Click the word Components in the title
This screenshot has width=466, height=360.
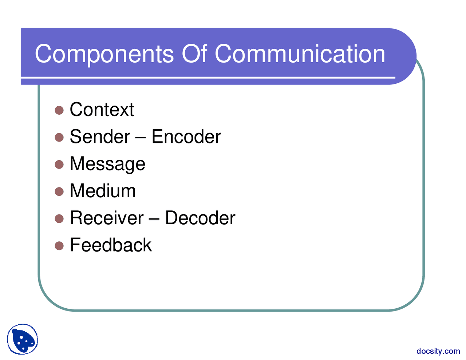click(104, 55)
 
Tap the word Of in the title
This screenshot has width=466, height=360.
click(194, 53)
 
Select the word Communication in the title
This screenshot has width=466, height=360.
click(300, 54)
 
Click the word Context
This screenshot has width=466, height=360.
click(102, 110)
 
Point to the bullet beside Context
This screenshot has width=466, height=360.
click(59, 110)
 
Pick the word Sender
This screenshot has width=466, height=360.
click(100, 137)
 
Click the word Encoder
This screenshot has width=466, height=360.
click(186, 137)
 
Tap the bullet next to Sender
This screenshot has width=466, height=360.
click(59, 137)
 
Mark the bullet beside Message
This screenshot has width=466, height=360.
click(59, 165)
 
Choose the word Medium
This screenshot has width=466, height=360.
click(103, 191)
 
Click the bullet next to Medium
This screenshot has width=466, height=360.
click(59, 191)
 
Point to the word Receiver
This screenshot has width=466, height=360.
click(107, 218)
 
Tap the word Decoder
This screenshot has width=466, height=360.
click(200, 218)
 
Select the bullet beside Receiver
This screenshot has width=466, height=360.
click(59, 219)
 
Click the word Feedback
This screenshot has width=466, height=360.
click(111, 245)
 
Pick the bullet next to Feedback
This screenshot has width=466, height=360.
click(59, 246)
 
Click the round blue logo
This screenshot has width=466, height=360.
click(23, 339)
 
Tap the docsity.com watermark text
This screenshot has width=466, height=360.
click(438, 351)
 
